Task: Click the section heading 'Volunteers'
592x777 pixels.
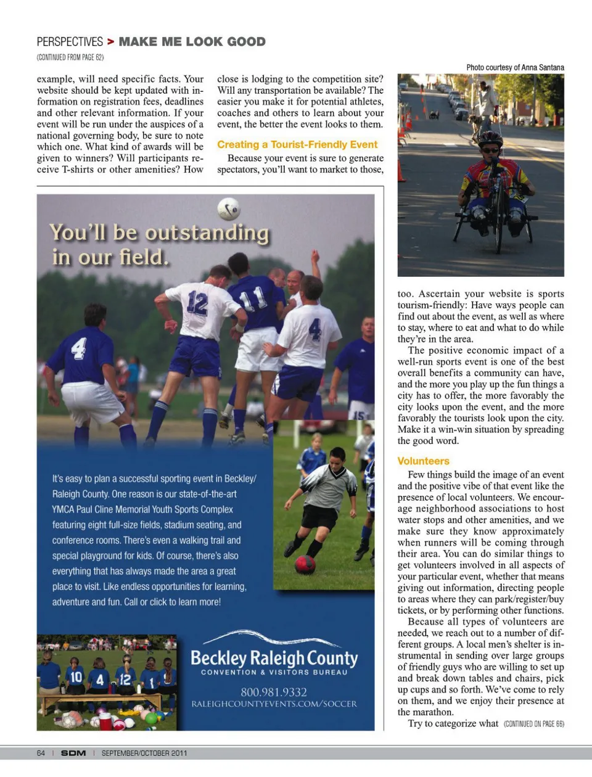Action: point(423,461)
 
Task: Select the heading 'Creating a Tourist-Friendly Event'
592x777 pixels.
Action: point(297,144)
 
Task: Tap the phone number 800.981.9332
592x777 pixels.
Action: point(273,692)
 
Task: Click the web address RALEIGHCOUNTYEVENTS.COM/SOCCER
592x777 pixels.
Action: point(274,704)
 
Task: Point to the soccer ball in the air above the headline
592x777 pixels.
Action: point(228,209)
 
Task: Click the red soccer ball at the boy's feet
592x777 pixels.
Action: point(305,564)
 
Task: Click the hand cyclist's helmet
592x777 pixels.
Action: point(490,138)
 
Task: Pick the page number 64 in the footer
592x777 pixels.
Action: point(41,753)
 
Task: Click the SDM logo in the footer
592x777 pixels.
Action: point(73,753)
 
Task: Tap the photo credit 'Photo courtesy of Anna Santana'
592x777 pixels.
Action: point(515,67)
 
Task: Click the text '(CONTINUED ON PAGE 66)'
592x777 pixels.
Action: point(533,724)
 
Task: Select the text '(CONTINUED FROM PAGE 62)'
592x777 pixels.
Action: point(70,57)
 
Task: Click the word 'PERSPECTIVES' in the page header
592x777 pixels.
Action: point(70,42)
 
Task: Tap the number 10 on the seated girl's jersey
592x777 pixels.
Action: point(76,676)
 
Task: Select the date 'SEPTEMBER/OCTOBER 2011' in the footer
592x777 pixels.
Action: point(144,753)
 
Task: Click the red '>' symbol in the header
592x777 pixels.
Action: point(110,42)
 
